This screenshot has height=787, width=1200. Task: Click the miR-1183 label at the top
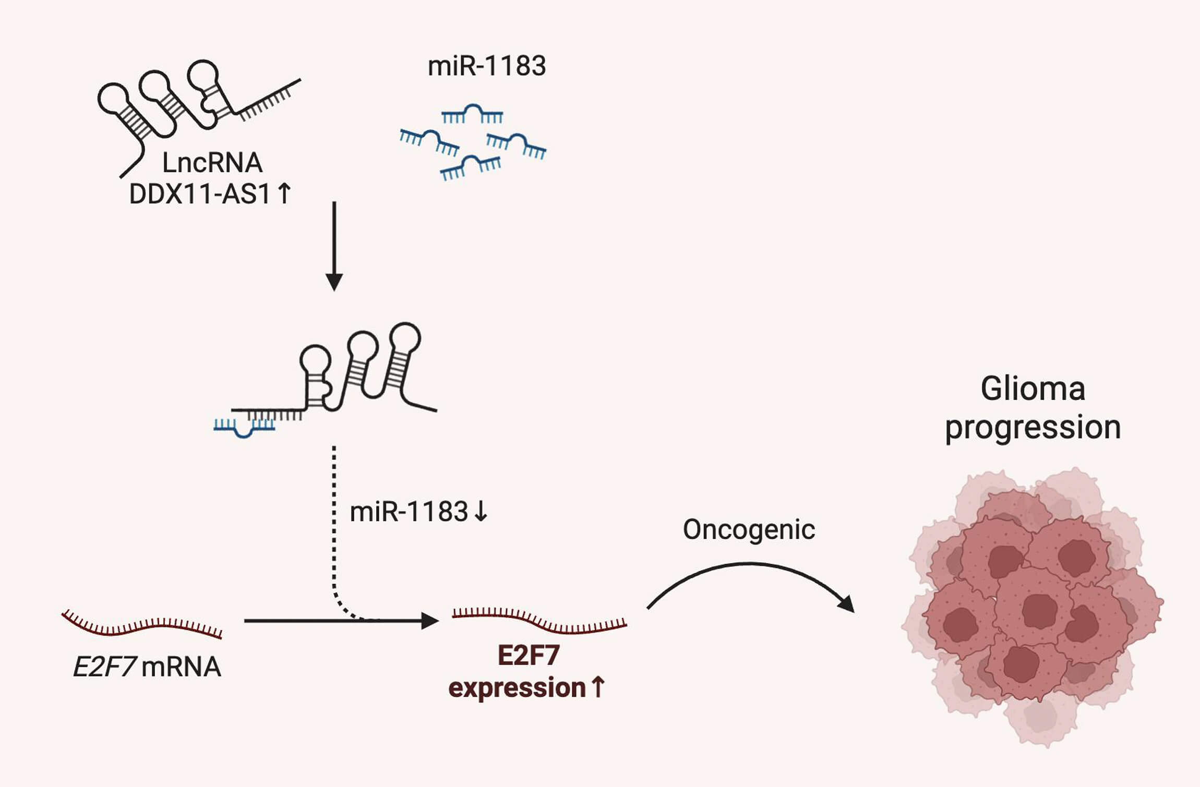[486, 66]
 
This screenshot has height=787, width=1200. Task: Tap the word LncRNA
[212, 163]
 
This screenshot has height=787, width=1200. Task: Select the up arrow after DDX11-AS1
[284, 194]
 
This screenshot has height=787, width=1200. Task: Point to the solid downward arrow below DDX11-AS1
[334, 245]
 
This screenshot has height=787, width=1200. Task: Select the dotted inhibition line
[334, 522]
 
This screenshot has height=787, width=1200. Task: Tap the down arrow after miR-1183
[481, 512]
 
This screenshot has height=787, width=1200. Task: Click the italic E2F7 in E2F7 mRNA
[104, 667]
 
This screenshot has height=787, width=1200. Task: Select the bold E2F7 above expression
[528, 656]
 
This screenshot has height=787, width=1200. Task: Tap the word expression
[517, 688]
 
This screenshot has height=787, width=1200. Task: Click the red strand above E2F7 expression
[539, 619]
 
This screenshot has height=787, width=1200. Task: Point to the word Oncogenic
[749, 530]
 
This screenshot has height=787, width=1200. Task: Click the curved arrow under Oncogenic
[749, 566]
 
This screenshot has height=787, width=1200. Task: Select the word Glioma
[1033, 389]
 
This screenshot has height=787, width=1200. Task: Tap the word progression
[1033, 428]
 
